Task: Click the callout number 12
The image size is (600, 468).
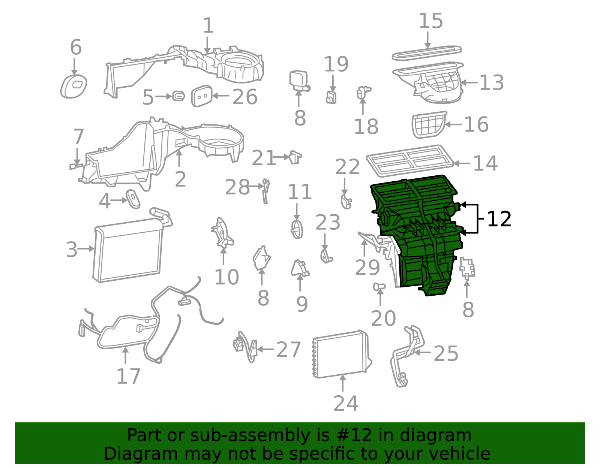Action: click(499, 219)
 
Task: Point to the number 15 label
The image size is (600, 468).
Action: click(431, 21)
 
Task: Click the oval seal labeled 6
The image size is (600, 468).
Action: click(74, 86)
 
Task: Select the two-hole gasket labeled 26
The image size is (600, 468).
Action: click(202, 96)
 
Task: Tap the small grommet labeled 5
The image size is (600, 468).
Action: click(178, 96)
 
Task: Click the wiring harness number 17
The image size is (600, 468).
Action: click(129, 377)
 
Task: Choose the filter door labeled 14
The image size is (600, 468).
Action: click(410, 161)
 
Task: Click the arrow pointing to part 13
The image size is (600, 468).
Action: click(469, 82)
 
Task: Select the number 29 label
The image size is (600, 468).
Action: click(367, 268)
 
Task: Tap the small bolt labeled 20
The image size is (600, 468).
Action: click(379, 287)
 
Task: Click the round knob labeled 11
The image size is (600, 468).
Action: click(297, 229)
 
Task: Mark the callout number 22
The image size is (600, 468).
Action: click(347, 167)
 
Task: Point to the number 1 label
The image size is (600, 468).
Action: click(208, 25)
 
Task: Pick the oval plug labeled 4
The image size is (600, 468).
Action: click(133, 199)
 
